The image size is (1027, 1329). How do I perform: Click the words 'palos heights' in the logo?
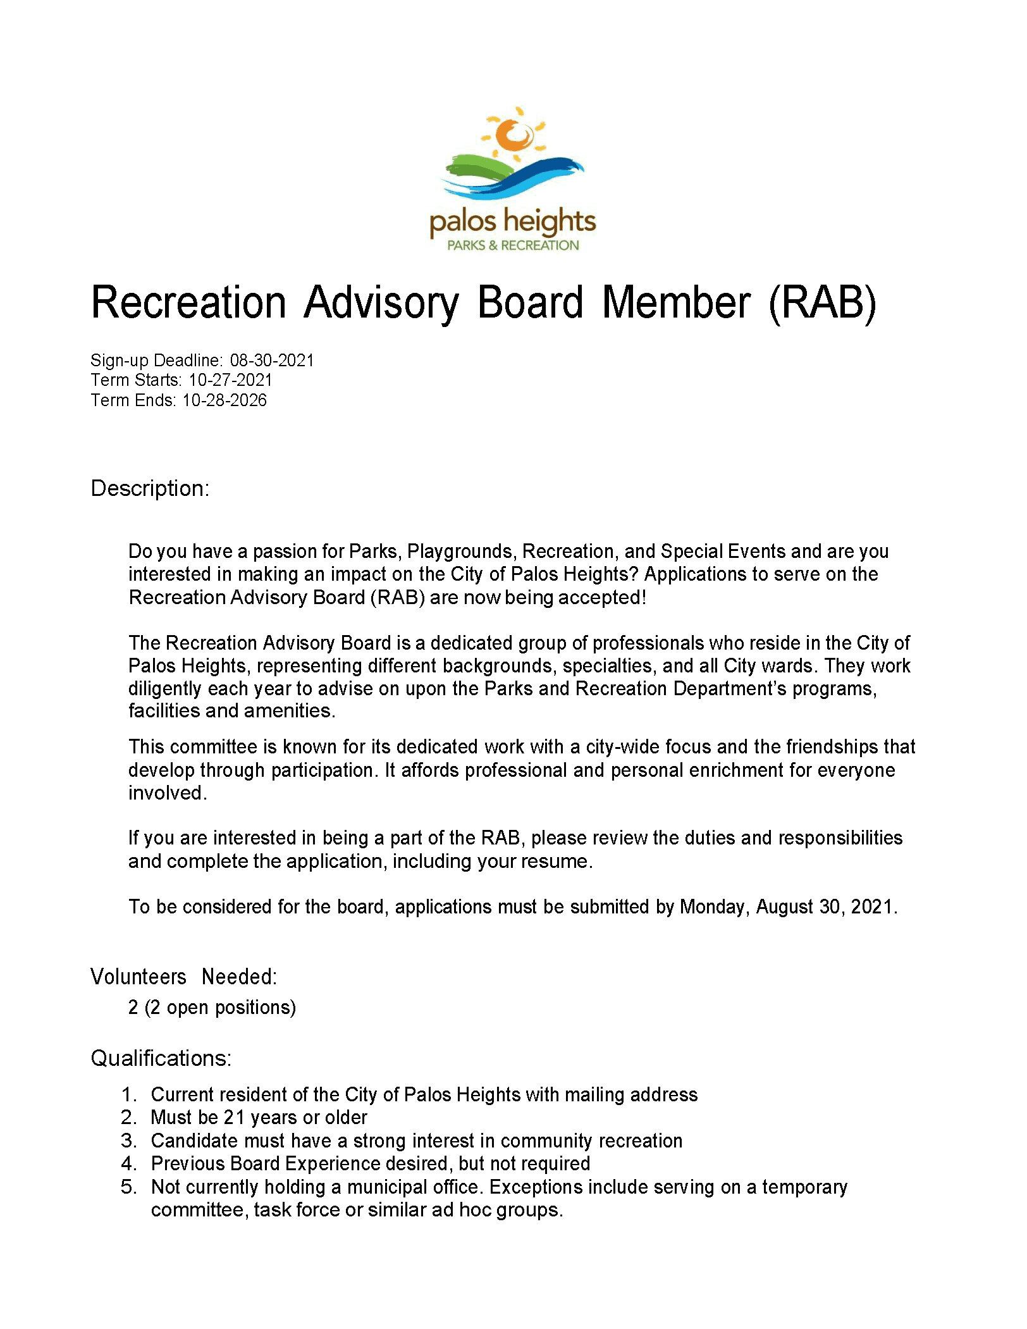coord(512,223)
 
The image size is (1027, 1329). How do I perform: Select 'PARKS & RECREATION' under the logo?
coord(513,245)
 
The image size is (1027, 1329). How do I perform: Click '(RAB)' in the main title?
coord(822,302)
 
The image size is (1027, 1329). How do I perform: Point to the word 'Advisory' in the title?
coord(380,302)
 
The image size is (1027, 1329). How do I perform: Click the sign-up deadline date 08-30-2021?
coord(272,361)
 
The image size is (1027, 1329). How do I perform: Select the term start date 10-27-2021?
coord(230,380)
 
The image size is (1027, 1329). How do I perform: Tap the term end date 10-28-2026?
coord(224,400)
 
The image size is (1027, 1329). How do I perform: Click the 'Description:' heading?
coord(150,488)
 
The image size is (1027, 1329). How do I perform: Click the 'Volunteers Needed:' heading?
coord(183,977)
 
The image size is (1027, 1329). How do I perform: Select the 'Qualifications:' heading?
coord(161,1058)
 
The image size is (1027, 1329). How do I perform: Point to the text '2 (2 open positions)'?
coord(212,1007)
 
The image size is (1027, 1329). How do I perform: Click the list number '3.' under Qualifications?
coord(129,1140)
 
